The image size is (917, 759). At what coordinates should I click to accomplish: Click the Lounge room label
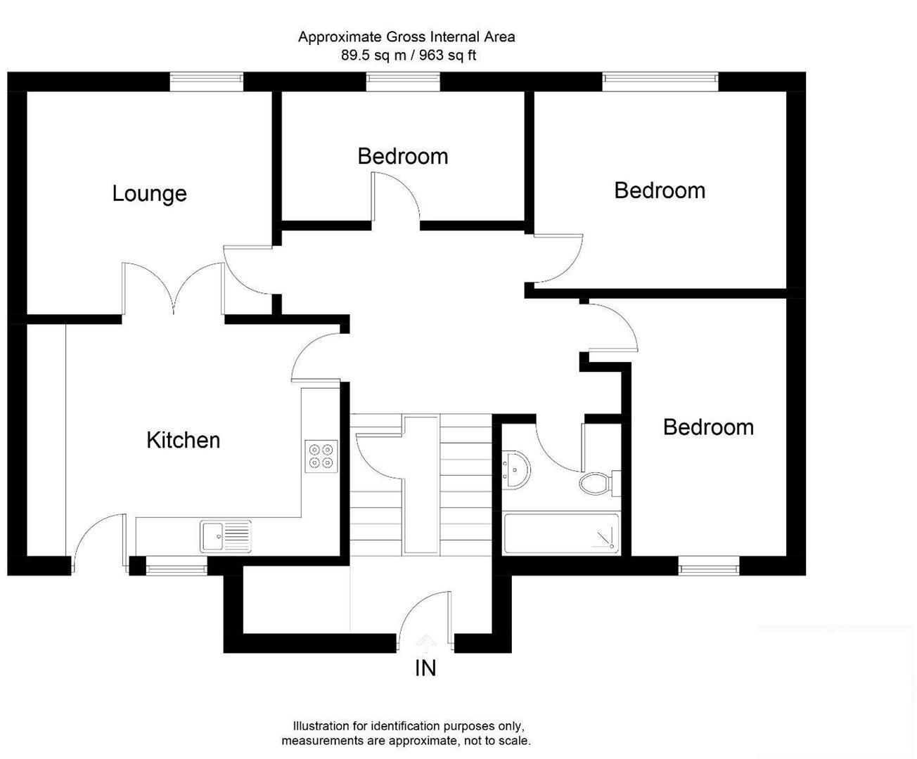click(149, 193)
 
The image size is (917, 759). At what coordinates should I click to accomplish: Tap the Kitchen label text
click(183, 440)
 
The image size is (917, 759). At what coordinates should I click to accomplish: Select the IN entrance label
click(425, 668)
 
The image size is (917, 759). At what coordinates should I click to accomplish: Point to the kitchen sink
click(225, 536)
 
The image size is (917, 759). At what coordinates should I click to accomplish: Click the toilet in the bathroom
click(597, 483)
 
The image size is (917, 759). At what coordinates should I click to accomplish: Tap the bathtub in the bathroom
click(561, 533)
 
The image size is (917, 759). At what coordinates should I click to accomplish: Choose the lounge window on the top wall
click(206, 82)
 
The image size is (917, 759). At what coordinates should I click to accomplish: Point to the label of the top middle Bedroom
click(402, 156)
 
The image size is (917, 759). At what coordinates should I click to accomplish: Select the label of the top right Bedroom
click(659, 190)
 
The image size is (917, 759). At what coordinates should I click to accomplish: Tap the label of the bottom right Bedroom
click(707, 427)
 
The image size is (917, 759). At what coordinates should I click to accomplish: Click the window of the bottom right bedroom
click(709, 566)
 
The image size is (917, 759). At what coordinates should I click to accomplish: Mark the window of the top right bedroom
click(660, 82)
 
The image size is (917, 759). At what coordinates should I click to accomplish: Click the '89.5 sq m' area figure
click(373, 56)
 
